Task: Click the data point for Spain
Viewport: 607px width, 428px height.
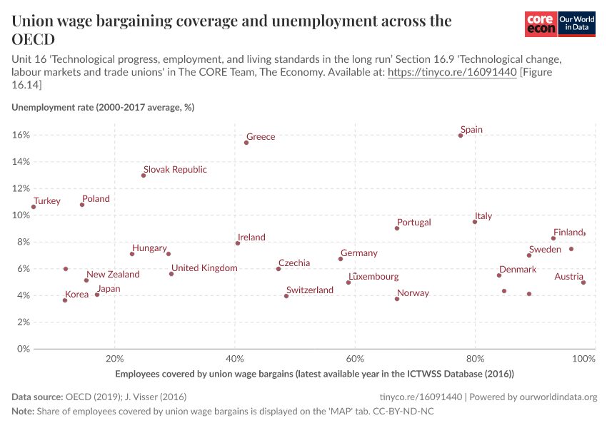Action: coord(461,136)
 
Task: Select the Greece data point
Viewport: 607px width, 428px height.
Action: coord(246,143)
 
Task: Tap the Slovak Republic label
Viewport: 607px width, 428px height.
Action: coord(175,170)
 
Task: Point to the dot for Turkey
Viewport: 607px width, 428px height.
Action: coord(34,207)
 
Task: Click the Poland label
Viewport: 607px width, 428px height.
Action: coord(96,198)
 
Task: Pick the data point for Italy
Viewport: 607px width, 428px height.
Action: coord(475,222)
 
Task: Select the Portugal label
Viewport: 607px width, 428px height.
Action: coord(414,223)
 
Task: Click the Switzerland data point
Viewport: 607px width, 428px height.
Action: coord(286,295)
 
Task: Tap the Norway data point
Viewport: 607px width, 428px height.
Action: coord(397,299)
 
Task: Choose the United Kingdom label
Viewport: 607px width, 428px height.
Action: coord(204,268)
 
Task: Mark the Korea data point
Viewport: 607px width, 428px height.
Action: coord(65,300)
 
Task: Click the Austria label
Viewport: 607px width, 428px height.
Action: coord(569,276)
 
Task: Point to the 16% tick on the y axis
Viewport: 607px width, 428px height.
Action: coord(20,135)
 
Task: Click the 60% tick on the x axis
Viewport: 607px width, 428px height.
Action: coord(355,358)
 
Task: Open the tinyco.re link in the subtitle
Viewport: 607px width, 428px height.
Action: coord(451,73)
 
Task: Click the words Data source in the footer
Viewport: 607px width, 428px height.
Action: coord(37,397)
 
